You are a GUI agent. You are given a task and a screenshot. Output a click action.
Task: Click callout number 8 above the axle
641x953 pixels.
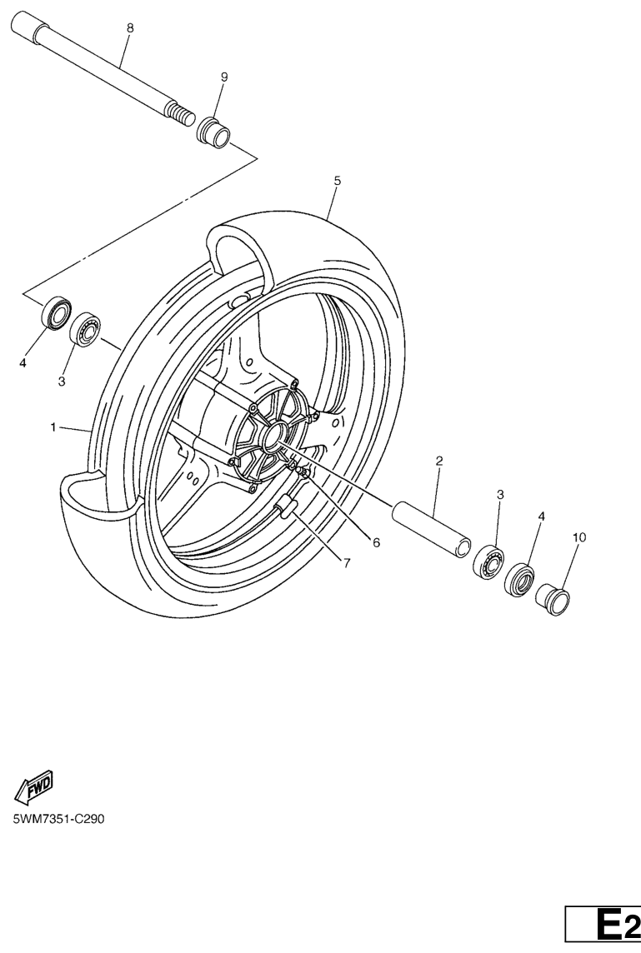pyautogui.click(x=130, y=27)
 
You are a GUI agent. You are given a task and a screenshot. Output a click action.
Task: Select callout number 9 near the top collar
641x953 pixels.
pyautogui.click(x=223, y=77)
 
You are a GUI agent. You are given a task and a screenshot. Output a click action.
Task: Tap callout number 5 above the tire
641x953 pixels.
pyautogui.click(x=338, y=181)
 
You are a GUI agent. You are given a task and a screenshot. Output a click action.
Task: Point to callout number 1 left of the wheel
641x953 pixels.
pyautogui.click(x=53, y=427)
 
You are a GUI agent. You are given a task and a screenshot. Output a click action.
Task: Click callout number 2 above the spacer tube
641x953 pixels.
pyautogui.click(x=439, y=461)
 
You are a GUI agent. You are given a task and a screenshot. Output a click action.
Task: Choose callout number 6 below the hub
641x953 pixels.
pyautogui.click(x=376, y=542)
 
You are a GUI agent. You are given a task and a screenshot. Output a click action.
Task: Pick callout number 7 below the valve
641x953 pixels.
pyautogui.click(x=347, y=563)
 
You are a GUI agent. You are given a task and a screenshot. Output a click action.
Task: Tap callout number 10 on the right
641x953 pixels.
pyautogui.click(x=579, y=537)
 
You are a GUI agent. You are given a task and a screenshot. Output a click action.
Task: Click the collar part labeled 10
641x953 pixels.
pyautogui.click(x=552, y=599)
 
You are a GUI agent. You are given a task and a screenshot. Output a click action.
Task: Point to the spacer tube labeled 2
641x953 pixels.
pyautogui.click(x=431, y=527)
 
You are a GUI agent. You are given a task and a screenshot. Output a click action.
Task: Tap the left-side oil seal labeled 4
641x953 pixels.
pyautogui.click(x=56, y=313)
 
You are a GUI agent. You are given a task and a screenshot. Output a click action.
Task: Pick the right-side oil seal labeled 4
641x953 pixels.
pyautogui.click(x=519, y=580)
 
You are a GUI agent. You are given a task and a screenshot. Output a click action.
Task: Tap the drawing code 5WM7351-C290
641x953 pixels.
pyautogui.click(x=59, y=819)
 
